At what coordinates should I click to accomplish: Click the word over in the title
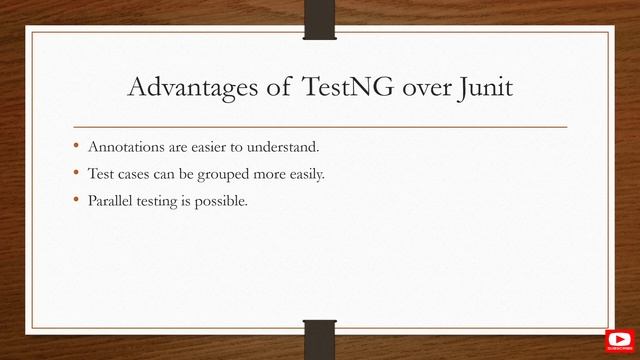pos(419,89)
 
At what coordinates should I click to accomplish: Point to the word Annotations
pos(124,147)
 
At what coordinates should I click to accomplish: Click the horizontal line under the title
pos(319,127)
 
